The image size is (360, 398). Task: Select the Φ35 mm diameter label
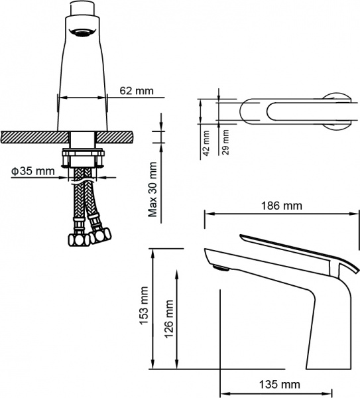click(x=33, y=172)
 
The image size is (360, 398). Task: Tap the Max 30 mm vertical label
click(x=152, y=189)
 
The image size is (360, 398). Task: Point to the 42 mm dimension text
click(x=206, y=143)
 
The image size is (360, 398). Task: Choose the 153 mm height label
click(x=145, y=308)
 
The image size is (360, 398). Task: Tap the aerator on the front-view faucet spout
click(x=83, y=31)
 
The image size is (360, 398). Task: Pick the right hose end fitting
click(x=101, y=235)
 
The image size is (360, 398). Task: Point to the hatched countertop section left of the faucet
click(x=33, y=136)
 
